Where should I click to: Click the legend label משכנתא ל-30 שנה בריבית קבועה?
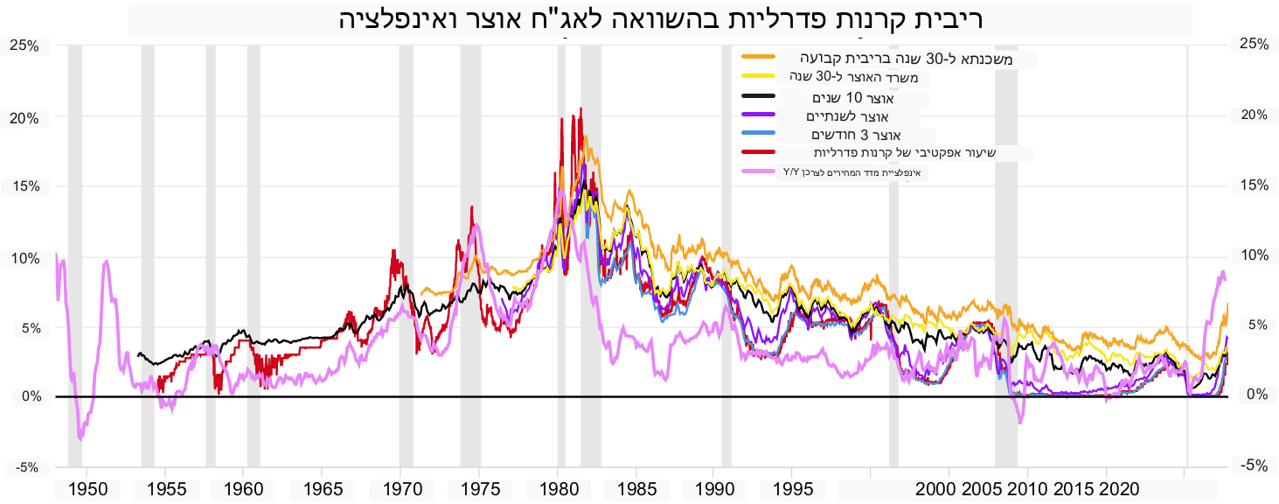906,59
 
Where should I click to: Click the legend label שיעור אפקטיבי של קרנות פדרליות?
905,153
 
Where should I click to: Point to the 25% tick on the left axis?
24,45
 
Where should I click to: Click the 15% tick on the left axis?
24,186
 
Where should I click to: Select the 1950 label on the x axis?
87,489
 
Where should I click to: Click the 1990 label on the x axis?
713,489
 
